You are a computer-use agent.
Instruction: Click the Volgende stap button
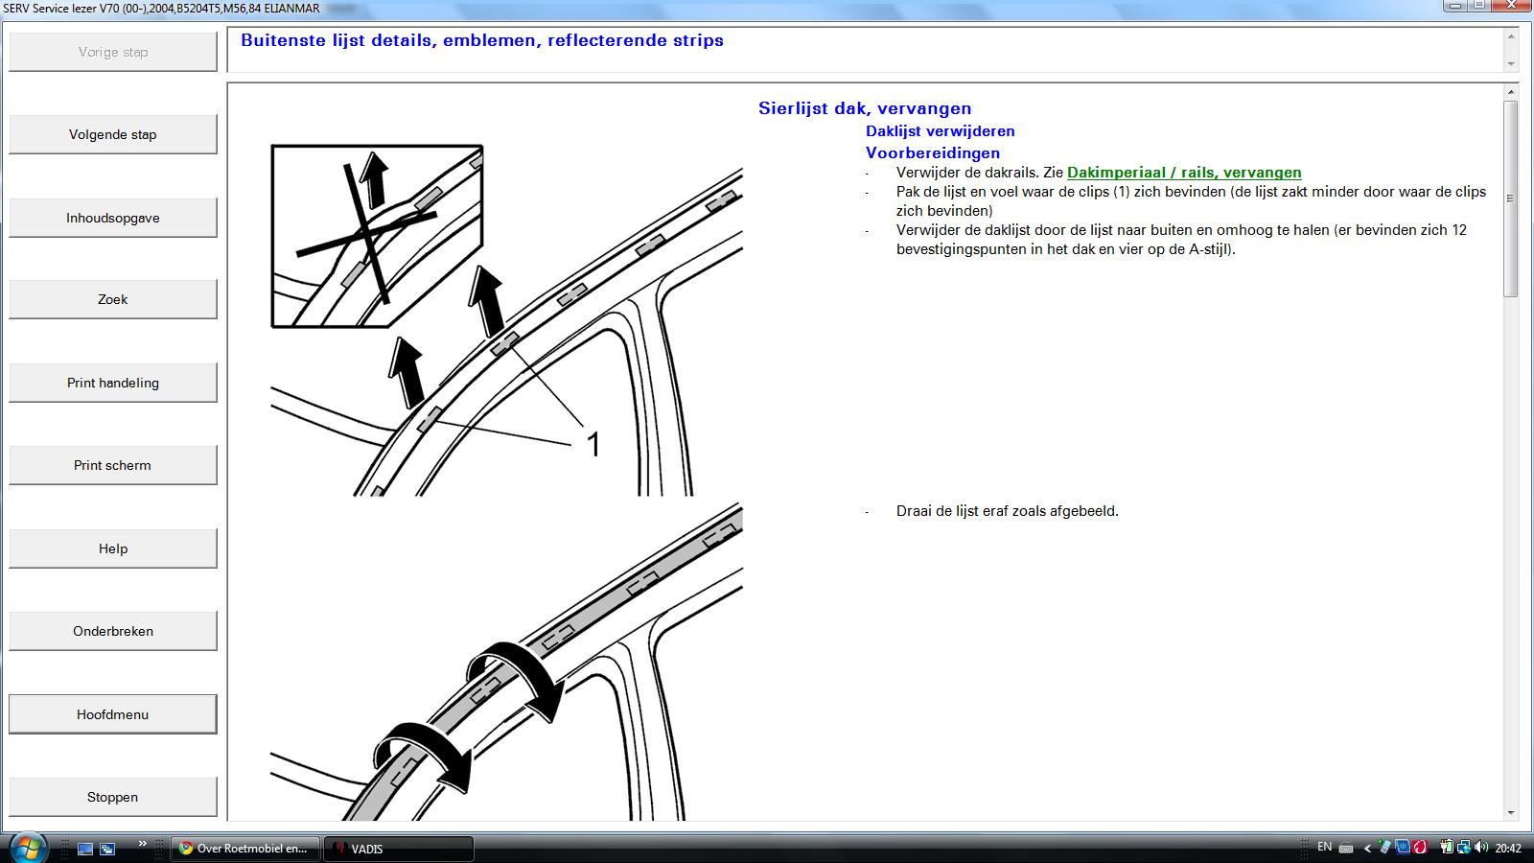coord(113,134)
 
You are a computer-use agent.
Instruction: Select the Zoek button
coord(113,299)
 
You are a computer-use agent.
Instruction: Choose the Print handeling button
coord(113,383)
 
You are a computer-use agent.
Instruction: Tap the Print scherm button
coord(113,465)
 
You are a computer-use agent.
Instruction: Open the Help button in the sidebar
coord(113,548)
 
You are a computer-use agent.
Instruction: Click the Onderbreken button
coord(113,631)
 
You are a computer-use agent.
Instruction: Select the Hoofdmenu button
coord(113,714)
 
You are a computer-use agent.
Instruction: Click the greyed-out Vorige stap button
coord(113,52)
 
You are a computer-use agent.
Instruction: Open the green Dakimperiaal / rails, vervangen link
coord(1184,173)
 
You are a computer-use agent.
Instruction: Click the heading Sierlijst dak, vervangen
coord(865,108)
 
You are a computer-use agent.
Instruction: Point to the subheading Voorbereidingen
coord(933,152)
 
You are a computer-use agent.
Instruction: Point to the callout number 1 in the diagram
coord(593,445)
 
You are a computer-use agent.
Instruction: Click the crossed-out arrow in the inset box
coord(374,179)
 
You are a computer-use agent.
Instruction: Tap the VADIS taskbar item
coord(398,849)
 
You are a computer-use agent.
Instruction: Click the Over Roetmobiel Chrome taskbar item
coord(244,849)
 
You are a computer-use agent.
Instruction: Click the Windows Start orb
coord(28,848)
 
